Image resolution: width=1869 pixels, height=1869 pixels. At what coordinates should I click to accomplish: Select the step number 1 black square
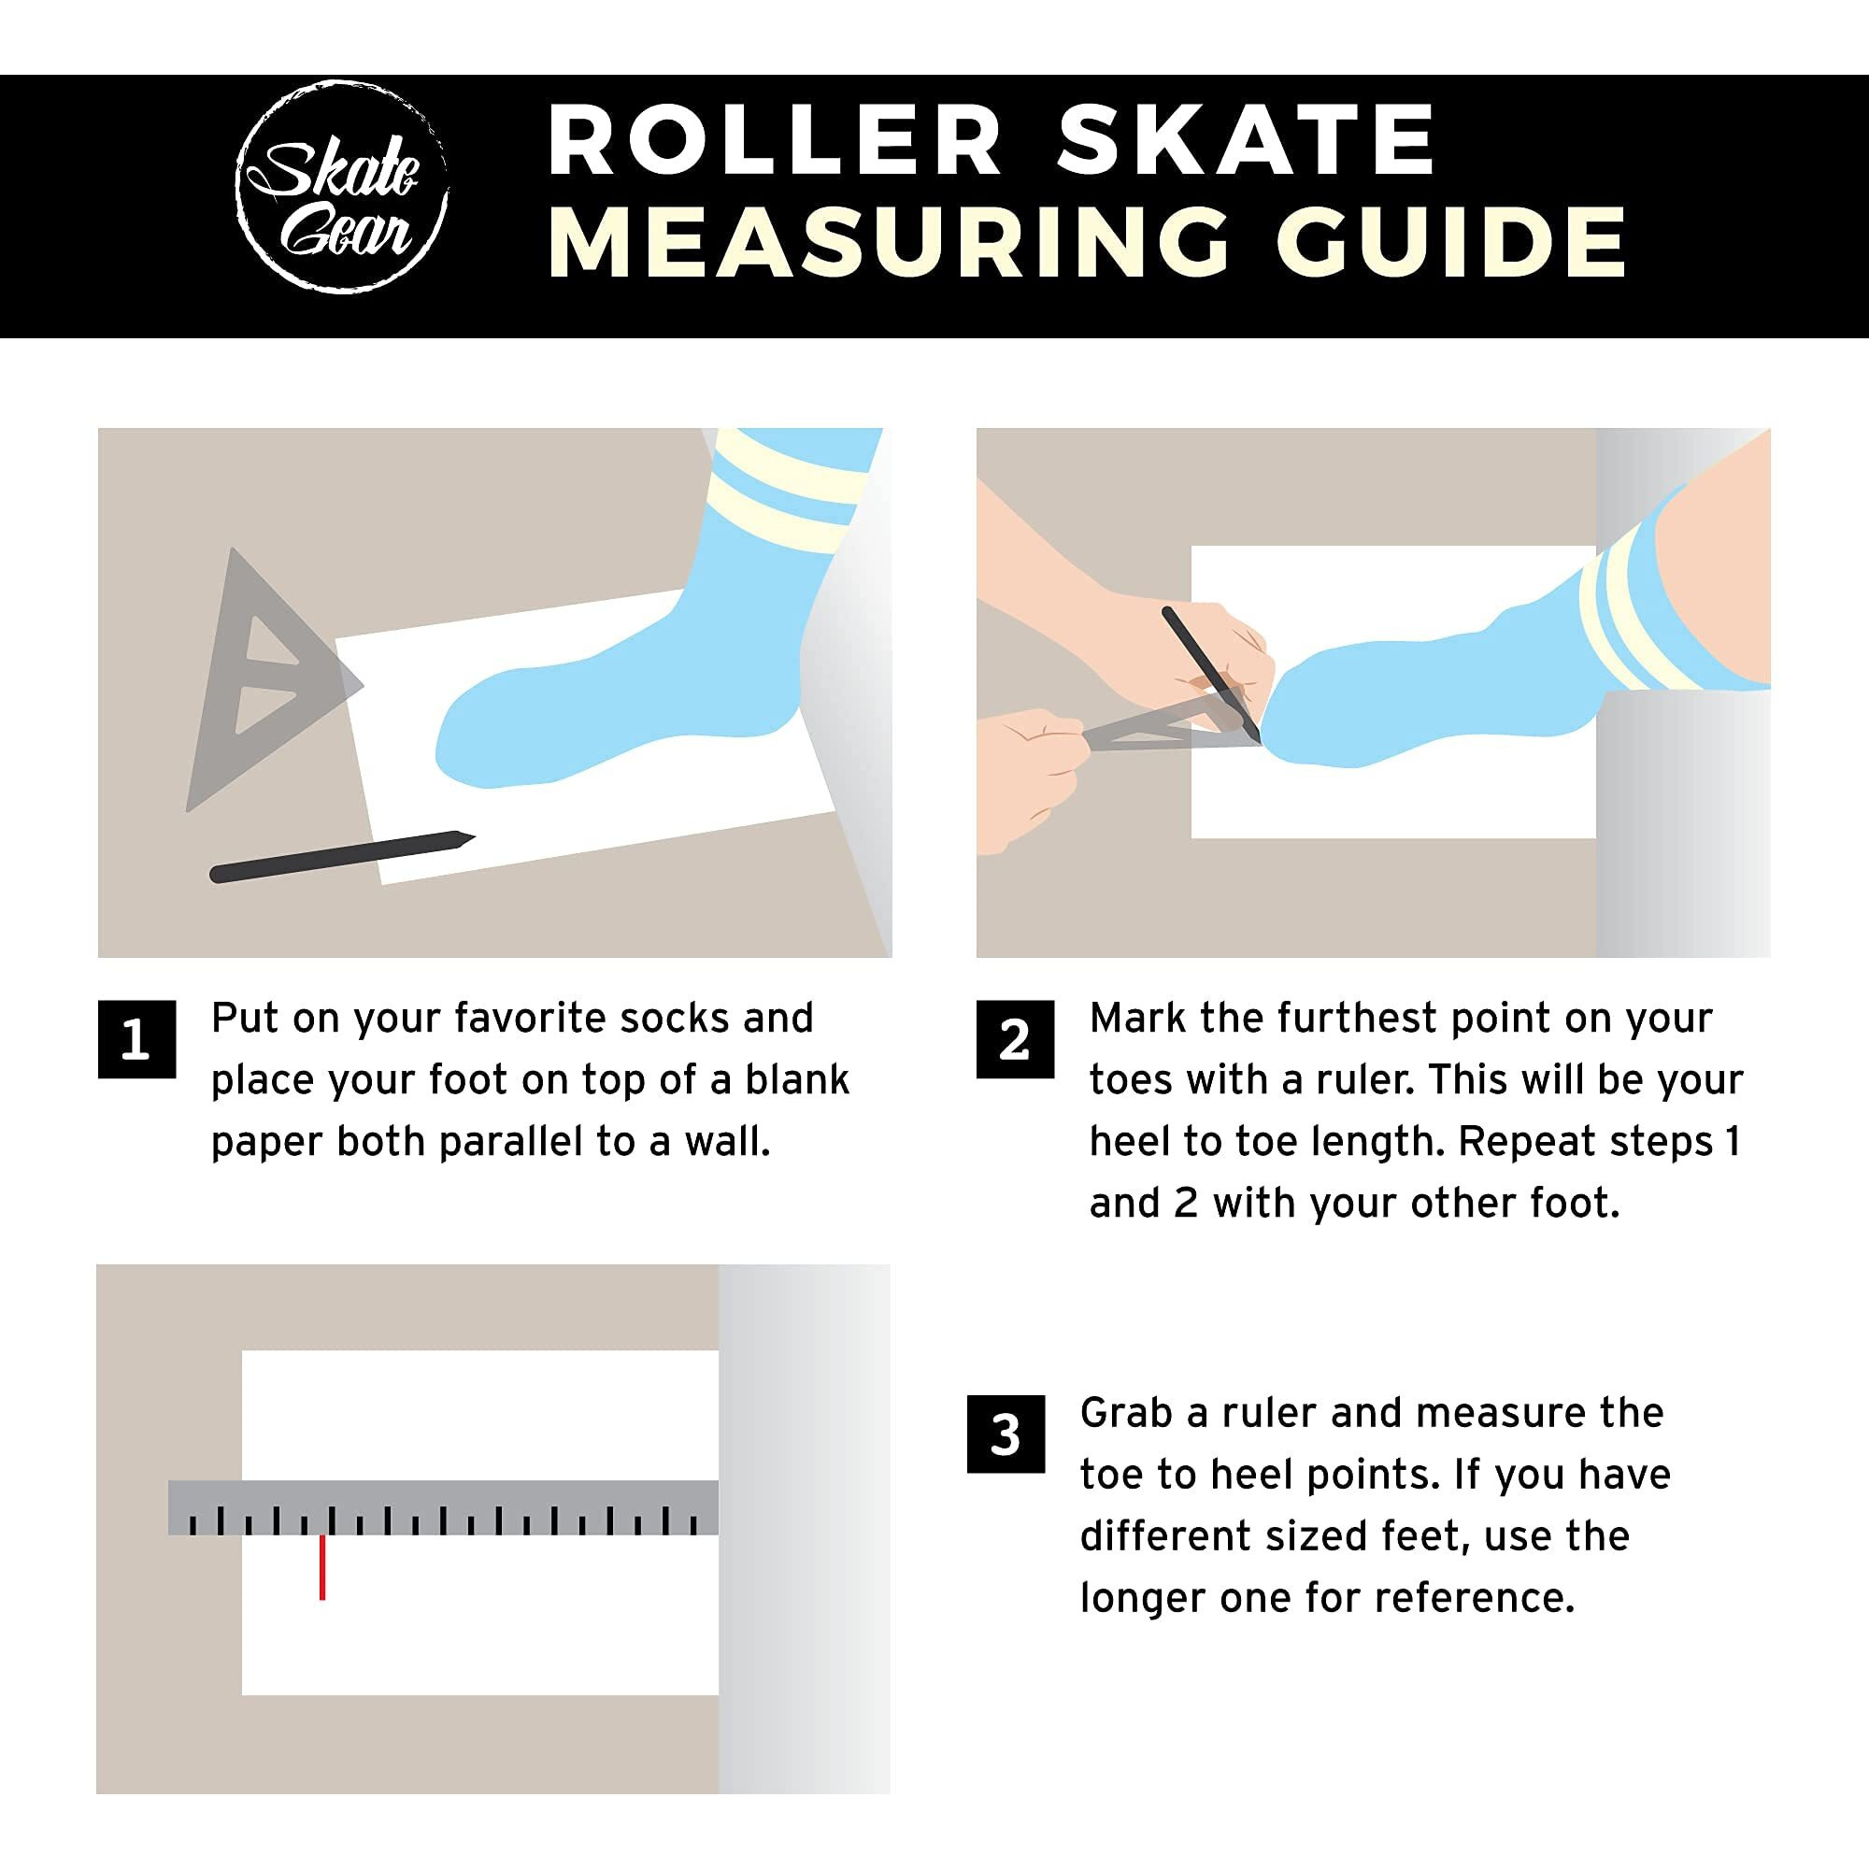[x=136, y=1039]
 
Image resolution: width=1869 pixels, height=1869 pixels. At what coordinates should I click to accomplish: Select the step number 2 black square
[x=1015, y=1039]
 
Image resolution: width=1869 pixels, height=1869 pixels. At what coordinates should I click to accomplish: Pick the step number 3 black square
[x=1006, y=1434]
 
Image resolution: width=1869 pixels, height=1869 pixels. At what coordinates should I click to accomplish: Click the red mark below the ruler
[x=322, y=1567]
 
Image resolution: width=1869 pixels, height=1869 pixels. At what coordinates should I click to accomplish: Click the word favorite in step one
[x=530, y=1019]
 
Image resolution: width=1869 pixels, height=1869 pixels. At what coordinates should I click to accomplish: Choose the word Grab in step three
[x=1126, y=1413]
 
